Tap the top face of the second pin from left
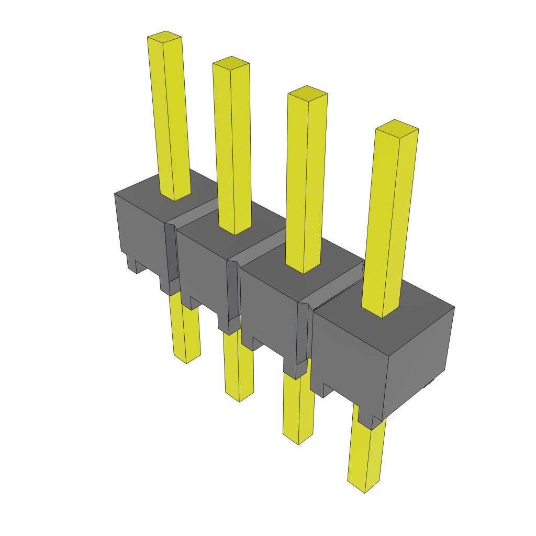(231, 63)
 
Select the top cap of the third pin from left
(307, 93)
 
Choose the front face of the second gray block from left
(202, 272)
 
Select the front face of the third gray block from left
(267, 314)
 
